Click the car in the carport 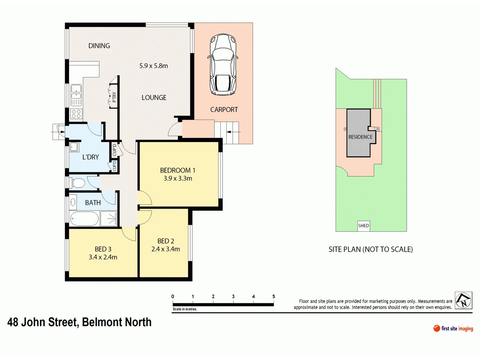coord(223,65)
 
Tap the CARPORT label coord(224,110)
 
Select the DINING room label coord(99,46)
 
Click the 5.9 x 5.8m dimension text coord(153,66)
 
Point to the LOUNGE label coord(154,98)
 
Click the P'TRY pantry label coord(114,97)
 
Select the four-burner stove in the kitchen coord(76,114)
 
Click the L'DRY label coord(90,157)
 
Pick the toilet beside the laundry coord(78,183)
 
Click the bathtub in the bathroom coord(84,219)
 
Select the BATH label coord(93,203)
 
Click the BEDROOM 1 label coord(177,170)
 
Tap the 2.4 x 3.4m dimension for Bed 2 coord(165,249)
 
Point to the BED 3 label coord(103,249)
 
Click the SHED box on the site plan coord(363,226)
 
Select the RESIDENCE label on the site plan coord(360,137)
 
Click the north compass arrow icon coord(463,300)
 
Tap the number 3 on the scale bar coord(233,296)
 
